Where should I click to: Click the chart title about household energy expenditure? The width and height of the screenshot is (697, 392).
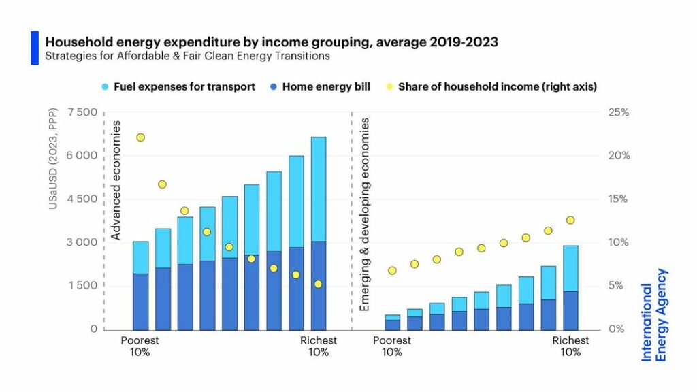coord(271,42)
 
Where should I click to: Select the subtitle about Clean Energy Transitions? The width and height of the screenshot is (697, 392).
coord(187,56)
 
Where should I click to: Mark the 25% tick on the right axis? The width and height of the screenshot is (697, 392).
coord(617,112)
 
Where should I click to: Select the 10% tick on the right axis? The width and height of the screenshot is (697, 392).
coord(617,242)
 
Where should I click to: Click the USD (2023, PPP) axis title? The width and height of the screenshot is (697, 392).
coord(53,170)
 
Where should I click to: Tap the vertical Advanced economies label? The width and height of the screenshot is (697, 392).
coord(116,180)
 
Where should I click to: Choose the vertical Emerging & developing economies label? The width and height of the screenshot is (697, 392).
coord(364,214)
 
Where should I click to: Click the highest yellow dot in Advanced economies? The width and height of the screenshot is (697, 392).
coord(141,137)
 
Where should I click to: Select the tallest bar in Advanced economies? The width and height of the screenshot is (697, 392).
coord(319,231)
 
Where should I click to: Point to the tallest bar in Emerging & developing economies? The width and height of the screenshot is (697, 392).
coord(570,286)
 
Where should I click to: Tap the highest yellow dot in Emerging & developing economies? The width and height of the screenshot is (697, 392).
coord(570,220)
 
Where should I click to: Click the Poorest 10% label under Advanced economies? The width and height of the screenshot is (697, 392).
coord(140,346)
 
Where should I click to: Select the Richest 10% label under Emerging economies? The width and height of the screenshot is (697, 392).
coord(570,346)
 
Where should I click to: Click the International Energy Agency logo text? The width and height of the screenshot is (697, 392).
coord(654,314)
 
